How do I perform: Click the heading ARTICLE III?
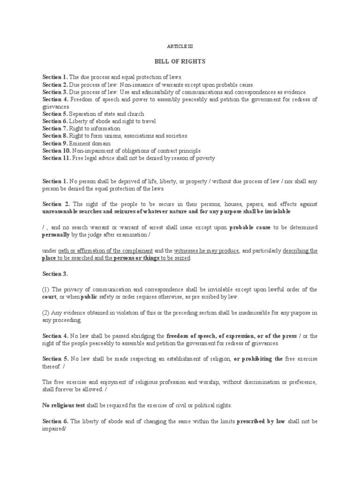[x=180, y=47]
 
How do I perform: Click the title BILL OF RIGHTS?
[x=180, y=61]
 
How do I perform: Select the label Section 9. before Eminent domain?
[x=55, y=143]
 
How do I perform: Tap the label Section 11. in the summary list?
[x=57, y=158]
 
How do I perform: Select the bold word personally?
[x=57, y=235]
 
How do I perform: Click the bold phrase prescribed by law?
[x=261, y=421]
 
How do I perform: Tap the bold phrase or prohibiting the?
[x=258, y=359]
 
